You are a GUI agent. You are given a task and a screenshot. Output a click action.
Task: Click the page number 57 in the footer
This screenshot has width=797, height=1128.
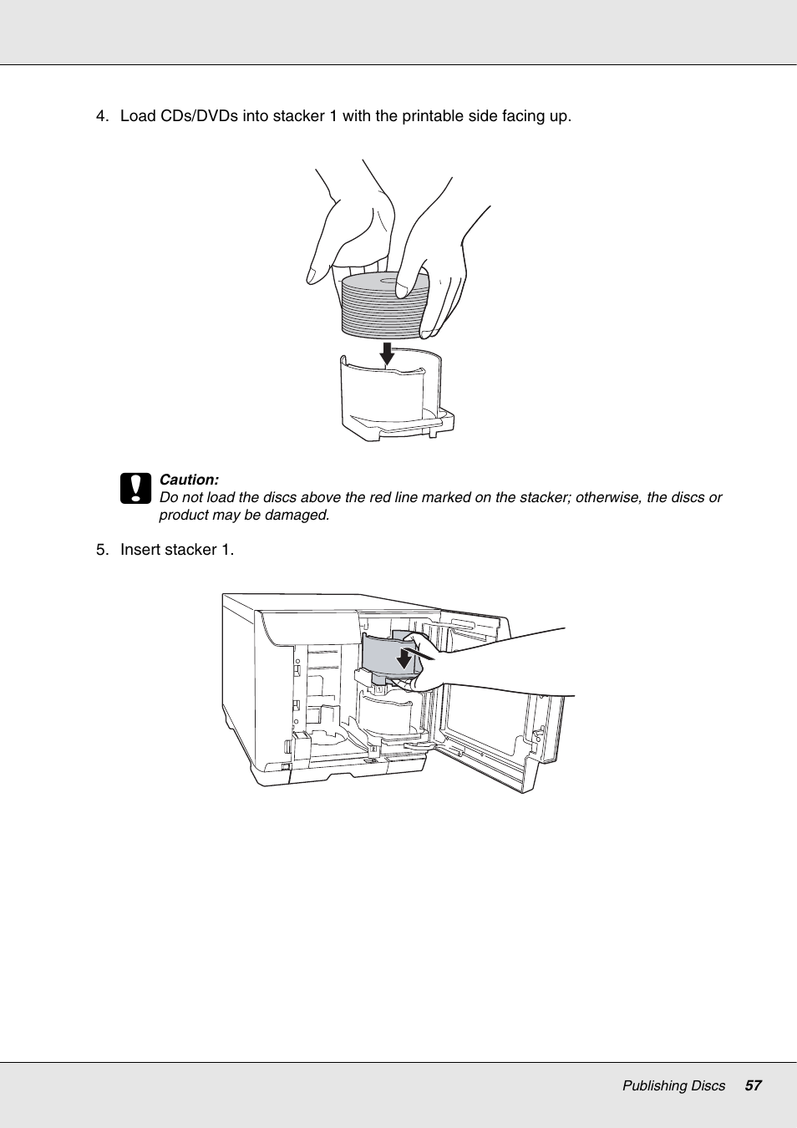(x=753, y=1085)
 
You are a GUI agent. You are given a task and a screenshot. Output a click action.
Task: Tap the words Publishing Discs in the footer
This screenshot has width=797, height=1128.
(x=673, y=1085)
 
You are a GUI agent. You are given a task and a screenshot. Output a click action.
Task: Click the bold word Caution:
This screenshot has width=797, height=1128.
(x=189, y=480)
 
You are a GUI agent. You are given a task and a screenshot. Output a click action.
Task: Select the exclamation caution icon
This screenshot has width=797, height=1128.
(x=135, y=489)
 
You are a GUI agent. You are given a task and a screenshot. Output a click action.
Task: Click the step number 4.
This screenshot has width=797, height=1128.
(x=101, y=116)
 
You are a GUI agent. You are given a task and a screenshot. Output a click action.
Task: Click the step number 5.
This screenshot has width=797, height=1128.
(x=101, y=550)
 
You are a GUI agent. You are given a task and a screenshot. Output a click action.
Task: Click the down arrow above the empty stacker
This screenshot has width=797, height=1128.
(x=387, y=353)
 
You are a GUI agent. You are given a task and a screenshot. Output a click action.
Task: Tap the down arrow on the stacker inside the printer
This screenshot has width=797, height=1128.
(x=405, y=658)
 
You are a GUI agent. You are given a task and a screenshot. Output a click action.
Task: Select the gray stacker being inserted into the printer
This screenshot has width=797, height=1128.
(x=382, y=656)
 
